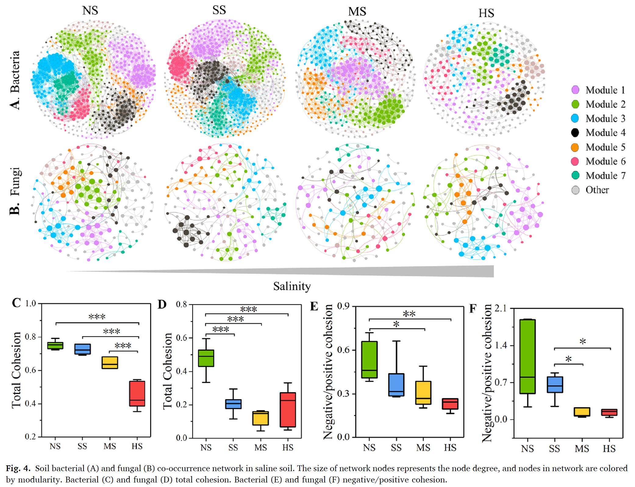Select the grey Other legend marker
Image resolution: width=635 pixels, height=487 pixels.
click(x=575, y=190)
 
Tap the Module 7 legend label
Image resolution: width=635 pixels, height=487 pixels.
click(x=605, y=176)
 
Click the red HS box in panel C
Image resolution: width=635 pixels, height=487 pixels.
click(x=137, y=393)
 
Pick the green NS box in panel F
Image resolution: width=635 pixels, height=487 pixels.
click(x=527, y=356)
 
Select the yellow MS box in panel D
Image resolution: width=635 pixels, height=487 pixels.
click(x=261, y=418)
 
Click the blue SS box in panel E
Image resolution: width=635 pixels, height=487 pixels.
click(x=396, y=385)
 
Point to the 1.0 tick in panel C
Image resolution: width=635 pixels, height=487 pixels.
click(x=30, y=303)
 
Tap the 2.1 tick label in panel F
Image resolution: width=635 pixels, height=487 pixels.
click(x=500, y=308)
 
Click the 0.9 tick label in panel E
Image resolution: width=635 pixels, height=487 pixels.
click(x=343, y=306)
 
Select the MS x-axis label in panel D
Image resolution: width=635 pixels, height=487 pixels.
click(x=261, y=447)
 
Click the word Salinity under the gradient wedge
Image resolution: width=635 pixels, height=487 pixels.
click(x=292, y=286)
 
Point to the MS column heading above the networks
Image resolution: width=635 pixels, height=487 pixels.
click(x=357, y=12)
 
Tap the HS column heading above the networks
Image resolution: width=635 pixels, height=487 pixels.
click(x=486, y=13)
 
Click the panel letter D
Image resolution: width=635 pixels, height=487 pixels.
click(x=162, y=304)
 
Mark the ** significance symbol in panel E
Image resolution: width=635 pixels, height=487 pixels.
click(x=409, y=314)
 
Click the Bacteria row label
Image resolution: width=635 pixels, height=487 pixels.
click(x=15, y=80)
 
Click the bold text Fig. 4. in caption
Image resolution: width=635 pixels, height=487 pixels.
click(x=18, y=468)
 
